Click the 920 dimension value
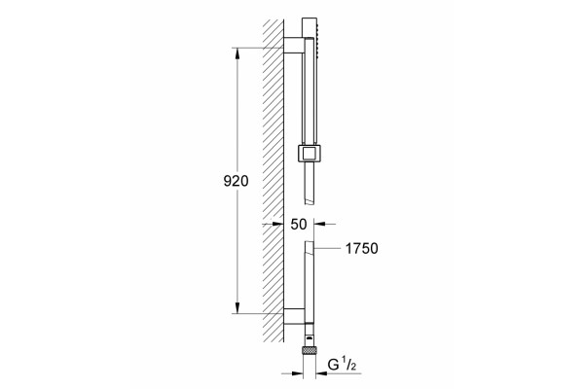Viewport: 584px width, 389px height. click(236, 181)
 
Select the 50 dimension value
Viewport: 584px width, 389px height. click(299, 224)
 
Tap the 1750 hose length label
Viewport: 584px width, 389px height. click(362, 248)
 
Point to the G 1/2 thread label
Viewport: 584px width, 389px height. click(342, 365)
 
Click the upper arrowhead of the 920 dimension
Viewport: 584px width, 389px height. click(237, 53)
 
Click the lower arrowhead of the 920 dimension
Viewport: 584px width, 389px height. click(237, 308)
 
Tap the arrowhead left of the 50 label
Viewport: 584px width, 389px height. click(277, 224)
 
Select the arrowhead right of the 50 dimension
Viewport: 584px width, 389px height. click(320, 224)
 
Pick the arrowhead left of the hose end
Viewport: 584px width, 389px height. click(298, 373)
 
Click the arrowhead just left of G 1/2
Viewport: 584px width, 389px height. click(321, 373)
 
